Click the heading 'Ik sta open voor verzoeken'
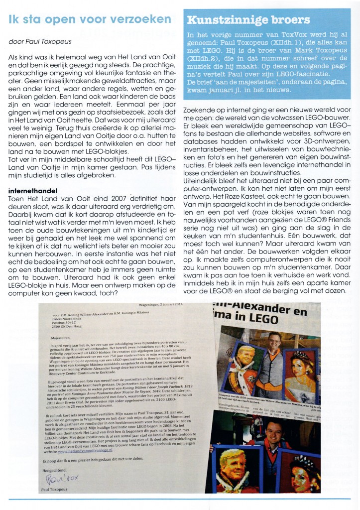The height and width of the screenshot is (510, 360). point(90,19)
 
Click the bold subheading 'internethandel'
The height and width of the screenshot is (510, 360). point(33,176)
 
